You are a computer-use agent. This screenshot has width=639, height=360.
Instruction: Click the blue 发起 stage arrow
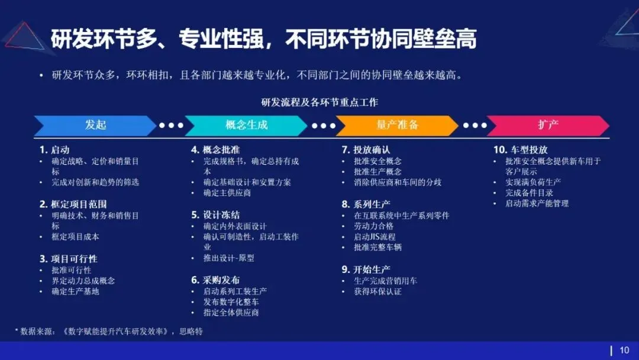[x=95, y=125]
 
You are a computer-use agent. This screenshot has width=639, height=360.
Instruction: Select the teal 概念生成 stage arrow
[x=246, y=125]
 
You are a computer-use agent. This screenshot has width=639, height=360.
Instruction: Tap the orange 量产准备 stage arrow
[x=397, y=125]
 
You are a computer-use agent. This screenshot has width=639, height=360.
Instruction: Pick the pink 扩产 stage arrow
[x=548, y=125]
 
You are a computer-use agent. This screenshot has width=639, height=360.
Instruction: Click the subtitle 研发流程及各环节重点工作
[x=319, y=102]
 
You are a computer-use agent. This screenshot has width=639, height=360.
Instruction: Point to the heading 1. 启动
[x=54, y=150]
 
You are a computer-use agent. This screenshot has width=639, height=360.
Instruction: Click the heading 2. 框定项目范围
[x=73, y=204]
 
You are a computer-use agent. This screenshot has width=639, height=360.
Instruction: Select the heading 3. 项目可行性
[x=69, y=259]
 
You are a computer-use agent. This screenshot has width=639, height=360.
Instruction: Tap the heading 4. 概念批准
[x=215, y=150]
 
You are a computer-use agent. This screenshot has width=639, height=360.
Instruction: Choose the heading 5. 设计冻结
[x=215, y=215]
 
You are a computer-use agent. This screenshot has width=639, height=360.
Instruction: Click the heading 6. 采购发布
[x=215, y=280]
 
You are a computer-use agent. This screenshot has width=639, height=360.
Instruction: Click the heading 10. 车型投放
[x=521, y=150]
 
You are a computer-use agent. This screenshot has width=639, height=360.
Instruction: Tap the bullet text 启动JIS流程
[x=375, y=237]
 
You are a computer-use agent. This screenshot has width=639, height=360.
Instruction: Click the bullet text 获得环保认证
[x=377, y=291]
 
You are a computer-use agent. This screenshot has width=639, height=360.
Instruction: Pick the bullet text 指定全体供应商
[x=231, y=313]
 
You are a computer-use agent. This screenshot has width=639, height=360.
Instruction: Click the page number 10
[x=624, y=351]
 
